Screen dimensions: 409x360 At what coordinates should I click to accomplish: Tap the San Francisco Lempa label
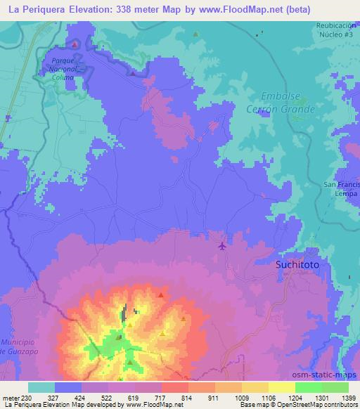[x=340, y=188]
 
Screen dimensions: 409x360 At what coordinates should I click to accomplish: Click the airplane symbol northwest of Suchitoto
[x=223, y=245]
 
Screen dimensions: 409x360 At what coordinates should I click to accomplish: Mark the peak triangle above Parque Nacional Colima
[x=75, y=44]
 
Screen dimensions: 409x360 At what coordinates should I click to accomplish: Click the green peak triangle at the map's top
[x=195, y=34]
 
